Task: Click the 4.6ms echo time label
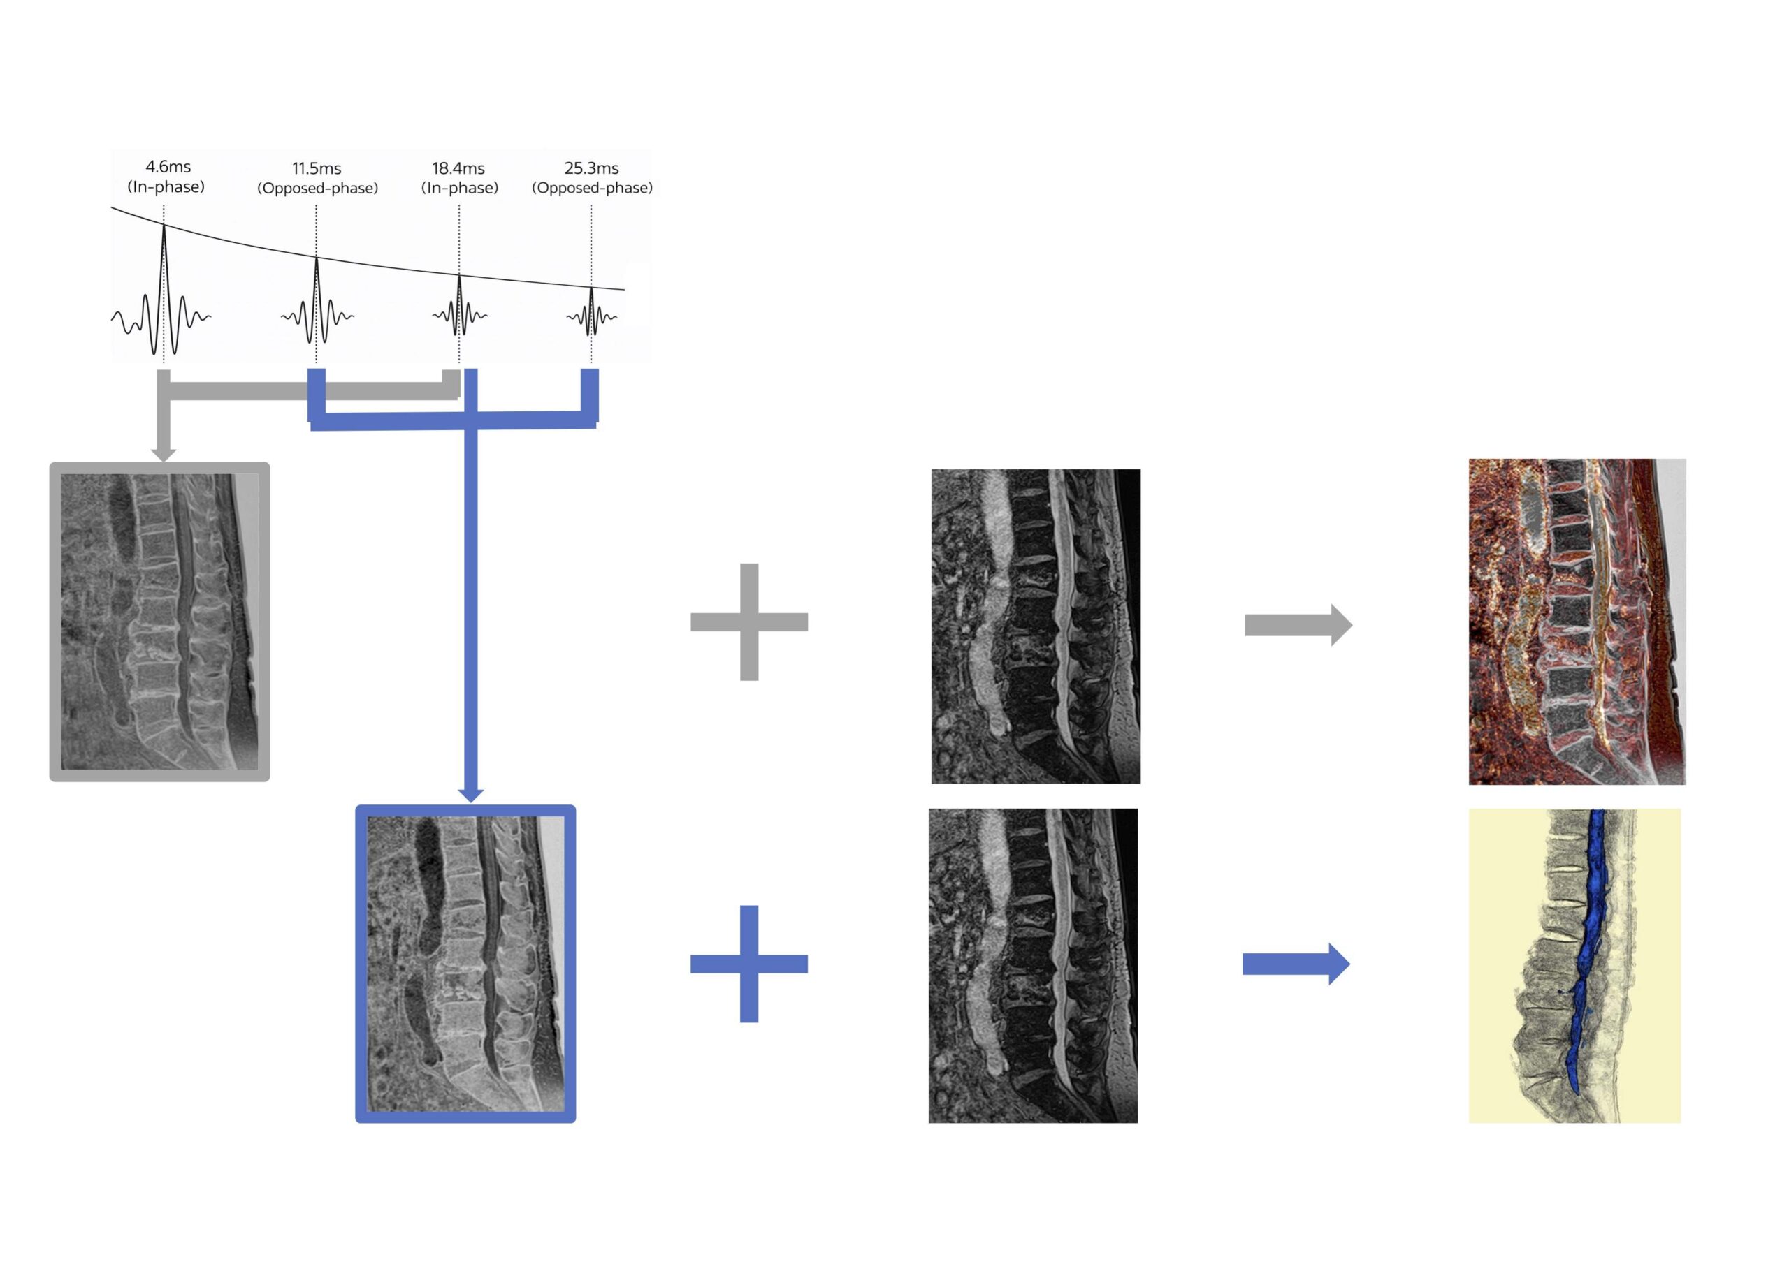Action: point(168,167)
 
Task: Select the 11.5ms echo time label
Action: point(317,168)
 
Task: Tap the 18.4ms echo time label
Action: point(459,168)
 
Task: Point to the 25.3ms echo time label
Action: point(591,168)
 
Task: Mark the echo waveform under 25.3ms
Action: point(591,311)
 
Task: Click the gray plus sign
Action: point(748,622)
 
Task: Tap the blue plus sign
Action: point(748,964)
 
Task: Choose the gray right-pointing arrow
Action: point(1298,624)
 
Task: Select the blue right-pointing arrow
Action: point(1296,964)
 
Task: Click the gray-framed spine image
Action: point(160,622)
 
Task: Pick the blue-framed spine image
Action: point(465,964)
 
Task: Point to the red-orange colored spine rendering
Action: point(1577,622)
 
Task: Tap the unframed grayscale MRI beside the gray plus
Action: point(1036,626)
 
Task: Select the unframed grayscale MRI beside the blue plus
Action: point(1033,966)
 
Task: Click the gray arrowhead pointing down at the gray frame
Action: point(163,455)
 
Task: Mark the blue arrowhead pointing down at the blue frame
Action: point(470,795)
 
